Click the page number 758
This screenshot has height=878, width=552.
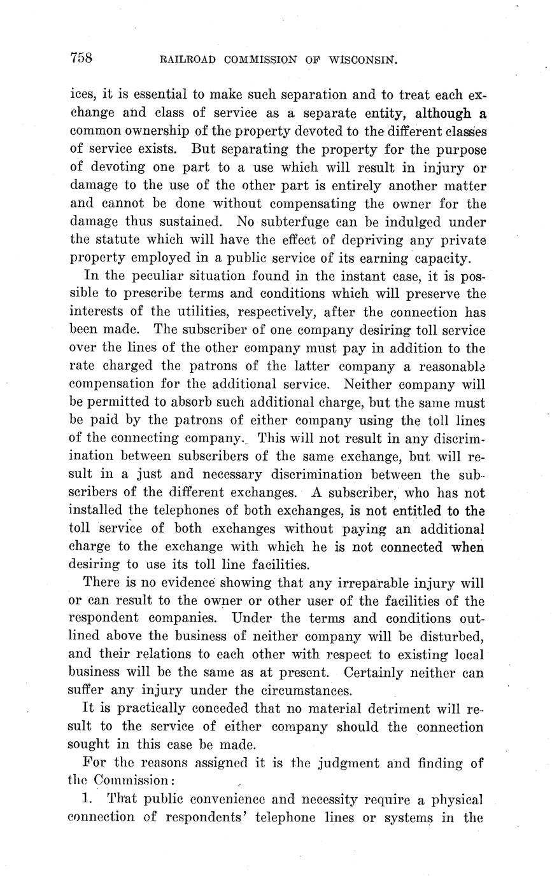tap(81, 59)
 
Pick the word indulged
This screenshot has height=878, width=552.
tap(411, 223)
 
